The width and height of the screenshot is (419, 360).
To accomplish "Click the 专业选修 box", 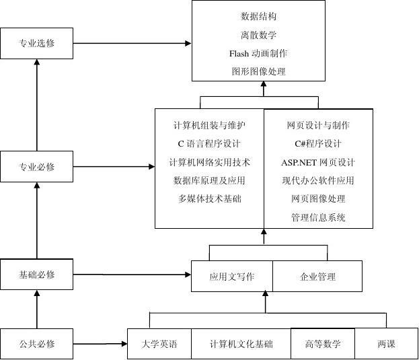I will click(x=37, y=44).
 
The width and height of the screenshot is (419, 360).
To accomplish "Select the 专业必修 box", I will click(x=37, y=167).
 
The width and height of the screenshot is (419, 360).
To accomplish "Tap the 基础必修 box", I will click(x=37, y=275).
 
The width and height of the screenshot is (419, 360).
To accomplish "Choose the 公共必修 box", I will click(x=37, y=344).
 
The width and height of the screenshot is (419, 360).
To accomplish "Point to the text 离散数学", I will click(x=258, y=35).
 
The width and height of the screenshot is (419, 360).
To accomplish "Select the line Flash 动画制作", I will click(x=258, y=53).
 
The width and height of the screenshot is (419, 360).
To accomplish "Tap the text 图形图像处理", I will click(x=258, y=71).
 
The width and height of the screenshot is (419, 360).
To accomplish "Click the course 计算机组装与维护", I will click(x=209, y=125).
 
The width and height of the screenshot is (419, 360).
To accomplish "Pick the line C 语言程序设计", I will click(x=209, y=143).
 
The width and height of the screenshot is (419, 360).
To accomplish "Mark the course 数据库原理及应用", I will click(x=209, y=180).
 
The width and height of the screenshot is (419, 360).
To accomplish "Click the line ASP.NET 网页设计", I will click(x=318, y=162).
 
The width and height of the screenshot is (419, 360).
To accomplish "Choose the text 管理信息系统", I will click(x=318, y=217).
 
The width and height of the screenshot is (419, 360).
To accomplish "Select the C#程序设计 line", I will click(x=318, y=143).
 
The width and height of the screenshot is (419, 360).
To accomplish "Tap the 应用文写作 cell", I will click(x=232, y=277).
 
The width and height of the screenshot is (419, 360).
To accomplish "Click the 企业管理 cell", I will click(x=317, y=277).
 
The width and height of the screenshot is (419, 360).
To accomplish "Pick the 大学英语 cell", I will click(x=159, y=344).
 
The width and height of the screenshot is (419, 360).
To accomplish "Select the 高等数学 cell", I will click(x=323, y=344).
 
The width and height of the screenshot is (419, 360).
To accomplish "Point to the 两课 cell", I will click(x=387, y=344).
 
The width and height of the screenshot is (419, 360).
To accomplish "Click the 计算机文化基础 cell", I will click(x=241, y=344).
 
